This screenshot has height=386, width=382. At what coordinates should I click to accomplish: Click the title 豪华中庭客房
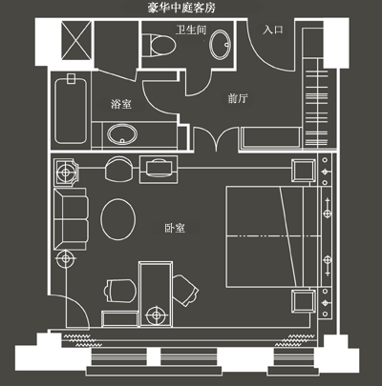[x=181, y=8]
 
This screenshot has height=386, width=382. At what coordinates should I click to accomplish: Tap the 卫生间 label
[x=191, y=30]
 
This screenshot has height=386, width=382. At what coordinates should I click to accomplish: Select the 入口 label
[x=273, y=30]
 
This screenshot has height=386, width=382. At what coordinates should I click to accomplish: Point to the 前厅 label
[x=238, y=98]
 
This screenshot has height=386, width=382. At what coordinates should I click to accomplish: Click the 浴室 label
[x=121, y=104]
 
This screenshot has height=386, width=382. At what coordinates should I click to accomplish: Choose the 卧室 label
[x=175, y=228]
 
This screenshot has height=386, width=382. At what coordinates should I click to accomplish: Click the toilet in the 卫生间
[x=159, y=45]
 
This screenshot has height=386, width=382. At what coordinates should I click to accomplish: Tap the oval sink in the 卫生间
[x=220, y=44]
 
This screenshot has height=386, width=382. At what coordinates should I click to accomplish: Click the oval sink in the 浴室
[x=122, y=134]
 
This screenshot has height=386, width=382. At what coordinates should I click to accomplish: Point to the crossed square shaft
[x=76, y=40]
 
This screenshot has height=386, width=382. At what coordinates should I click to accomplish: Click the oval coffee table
[x=118, y=219]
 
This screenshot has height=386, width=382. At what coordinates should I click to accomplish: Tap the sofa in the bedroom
[x=71, y=219]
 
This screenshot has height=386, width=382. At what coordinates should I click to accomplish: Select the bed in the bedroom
[x=273, y=236]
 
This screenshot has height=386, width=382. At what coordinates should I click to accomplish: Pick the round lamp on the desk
[x=156, y=315]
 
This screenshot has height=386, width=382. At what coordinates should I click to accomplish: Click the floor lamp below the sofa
[x=66, y=258]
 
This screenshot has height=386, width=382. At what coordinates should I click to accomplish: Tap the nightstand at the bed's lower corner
[x=304, y=301]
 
